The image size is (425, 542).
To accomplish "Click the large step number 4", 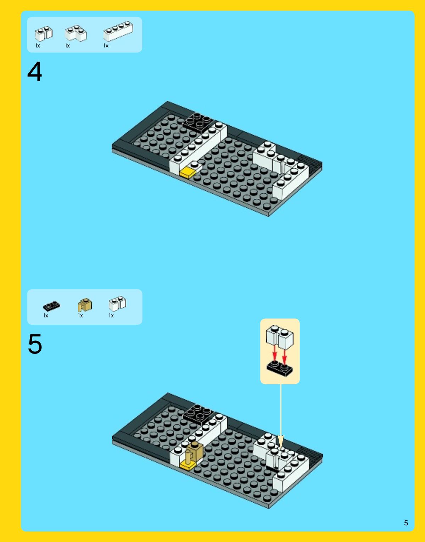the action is pos(34,72).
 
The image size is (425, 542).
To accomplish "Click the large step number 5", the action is pos(35,344).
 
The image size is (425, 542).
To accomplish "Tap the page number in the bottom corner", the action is pos(406,523).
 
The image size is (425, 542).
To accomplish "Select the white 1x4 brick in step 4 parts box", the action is pos(118,31).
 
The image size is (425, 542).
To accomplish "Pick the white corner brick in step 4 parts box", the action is pos(76,33).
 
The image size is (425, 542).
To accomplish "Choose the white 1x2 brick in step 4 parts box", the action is pos(44,33).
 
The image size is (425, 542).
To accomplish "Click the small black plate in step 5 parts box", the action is pos(51,306).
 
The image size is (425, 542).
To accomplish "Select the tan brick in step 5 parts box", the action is pos(85,305).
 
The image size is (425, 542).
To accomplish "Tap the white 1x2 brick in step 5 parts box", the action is pos(117,303).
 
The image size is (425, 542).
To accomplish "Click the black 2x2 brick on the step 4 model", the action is pos(198,122).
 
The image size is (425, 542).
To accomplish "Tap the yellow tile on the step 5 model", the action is pos(187,466).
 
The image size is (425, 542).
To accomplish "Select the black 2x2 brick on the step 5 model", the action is pos(198,414).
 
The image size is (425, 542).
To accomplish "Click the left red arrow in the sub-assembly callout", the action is pos(274,353).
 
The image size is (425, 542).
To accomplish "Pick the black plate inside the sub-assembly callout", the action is pos(280,369).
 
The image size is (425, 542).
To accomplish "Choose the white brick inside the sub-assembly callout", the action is pos(280,337).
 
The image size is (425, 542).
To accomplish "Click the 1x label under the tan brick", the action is pos(80,316).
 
